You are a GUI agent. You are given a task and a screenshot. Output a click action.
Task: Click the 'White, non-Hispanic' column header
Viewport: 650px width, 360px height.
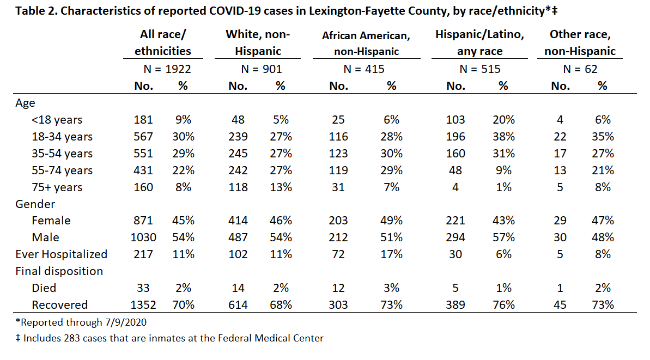(258, 42)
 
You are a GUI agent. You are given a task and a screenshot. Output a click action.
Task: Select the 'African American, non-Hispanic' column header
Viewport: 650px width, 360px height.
(366, 44)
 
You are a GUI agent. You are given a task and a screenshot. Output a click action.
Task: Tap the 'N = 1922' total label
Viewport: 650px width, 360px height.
(167, 69)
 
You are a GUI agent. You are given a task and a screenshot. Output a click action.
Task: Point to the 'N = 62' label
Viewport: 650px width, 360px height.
(580, 69)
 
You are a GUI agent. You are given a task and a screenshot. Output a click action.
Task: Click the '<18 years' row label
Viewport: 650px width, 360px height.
(57, 120)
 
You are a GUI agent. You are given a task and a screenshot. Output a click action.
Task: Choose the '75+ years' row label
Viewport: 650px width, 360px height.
(57, 187)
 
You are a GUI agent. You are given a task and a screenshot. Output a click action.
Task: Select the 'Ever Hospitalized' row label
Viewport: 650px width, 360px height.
(62, 254)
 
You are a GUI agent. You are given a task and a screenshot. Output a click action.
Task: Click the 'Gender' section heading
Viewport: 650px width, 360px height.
(35, 204)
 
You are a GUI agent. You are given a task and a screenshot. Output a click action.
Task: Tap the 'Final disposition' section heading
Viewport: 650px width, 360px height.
(59, 271)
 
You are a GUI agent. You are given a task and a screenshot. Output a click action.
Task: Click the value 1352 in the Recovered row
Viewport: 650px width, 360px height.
(143, 305)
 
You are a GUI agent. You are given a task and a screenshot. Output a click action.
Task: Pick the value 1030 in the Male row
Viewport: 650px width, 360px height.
(143, 237)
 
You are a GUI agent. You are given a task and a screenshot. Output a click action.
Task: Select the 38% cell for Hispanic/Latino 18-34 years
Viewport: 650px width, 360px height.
(503, 137)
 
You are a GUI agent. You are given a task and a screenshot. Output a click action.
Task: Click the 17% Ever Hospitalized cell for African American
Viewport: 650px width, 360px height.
(391, 254)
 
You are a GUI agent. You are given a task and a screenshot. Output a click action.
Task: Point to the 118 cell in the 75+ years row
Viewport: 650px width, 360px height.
(238, 187)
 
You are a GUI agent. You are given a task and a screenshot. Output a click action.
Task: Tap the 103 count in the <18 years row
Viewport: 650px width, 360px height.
(455, 120)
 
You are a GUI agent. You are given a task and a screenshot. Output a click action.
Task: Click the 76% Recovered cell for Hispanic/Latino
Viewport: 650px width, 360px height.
(503, 305)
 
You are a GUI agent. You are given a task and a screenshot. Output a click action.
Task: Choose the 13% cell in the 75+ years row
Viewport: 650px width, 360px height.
(281, 187)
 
